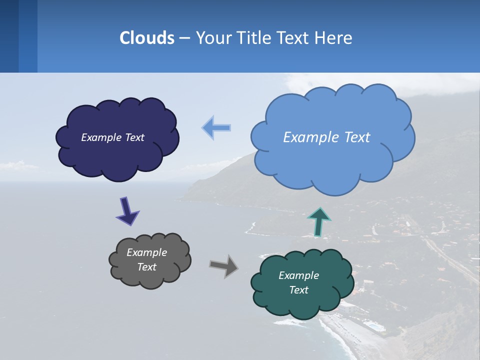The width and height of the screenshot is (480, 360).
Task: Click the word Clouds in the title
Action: [x=146, y=38]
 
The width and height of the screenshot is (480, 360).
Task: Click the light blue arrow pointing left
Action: [x=216, y=127]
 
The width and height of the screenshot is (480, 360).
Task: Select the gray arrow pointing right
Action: [x=224, y=265]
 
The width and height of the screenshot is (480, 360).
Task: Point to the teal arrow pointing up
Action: [x=319, y=221]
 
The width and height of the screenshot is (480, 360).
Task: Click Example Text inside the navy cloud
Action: [x=112, y=137]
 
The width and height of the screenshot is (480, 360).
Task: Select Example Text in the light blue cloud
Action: [x=326, y=137]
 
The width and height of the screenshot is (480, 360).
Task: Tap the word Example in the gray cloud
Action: [x=146, y=252]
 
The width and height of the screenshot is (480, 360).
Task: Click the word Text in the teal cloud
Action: [x=299, y=290]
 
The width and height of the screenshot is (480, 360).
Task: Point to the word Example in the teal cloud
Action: [x=298, y=275]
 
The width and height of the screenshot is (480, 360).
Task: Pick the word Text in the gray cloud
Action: [x=146, y=267]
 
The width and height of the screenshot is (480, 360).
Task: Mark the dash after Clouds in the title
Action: [x=184, y=38]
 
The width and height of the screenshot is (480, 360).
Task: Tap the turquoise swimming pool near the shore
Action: [x=374, y=326]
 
